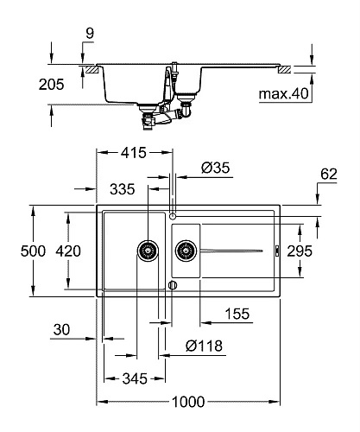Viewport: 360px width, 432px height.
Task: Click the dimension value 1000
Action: click(189, 400)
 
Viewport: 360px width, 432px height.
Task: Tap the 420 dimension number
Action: click(67, 251)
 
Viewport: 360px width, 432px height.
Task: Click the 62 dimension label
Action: click(329, 175)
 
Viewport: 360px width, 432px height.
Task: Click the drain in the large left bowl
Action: click(147, 251)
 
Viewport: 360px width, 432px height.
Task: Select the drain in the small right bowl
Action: click(185, 251)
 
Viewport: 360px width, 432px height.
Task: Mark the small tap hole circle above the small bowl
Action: click(173, 215)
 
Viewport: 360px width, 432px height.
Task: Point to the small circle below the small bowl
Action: click(173, 284)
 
